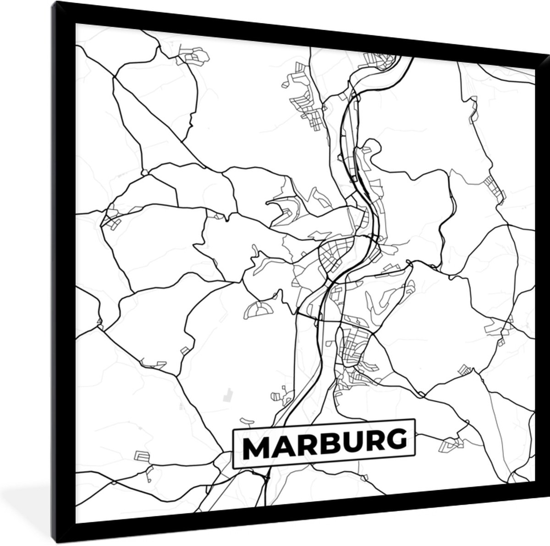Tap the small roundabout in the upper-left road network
(x=144, y=173)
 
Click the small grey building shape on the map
(x=226, y=395)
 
